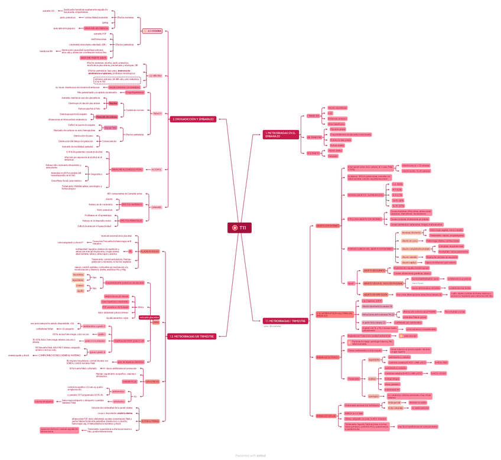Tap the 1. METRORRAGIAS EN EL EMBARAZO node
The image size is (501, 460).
pyautogui.click(x=280, y=135)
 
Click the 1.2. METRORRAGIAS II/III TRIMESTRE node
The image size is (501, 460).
pyautogui.click(x=191, y=336)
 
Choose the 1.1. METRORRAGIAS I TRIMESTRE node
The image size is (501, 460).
pyautogui.click(x=285, y=321)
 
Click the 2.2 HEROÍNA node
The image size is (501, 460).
pyautogui.click(x=155, y=76)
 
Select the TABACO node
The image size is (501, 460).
pyautogui.click(x=157, y=113)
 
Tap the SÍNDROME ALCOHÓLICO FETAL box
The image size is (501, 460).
pyautogui.click(x=126, y=169)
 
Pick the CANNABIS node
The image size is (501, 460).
pyautogui.click(x=156, y=207)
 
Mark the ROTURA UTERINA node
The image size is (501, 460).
pyautogui.click(x=150, y=420)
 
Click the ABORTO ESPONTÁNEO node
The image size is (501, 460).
pyautogui.click(x=328, y=226)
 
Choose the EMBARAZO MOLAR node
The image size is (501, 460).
pyautogui.click(x=326, y=415)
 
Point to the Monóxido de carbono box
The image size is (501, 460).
pyautogui.click(x=106, y=118)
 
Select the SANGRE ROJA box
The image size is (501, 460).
pyautogui.click(x=129, y=381)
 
